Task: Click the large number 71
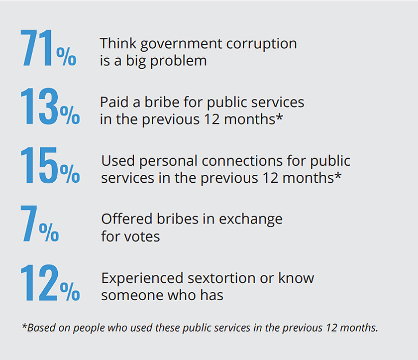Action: click(37, 48)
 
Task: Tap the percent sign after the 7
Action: click(49, 232)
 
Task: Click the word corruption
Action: click(262, 44)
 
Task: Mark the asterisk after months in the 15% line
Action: click(338, 176)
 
